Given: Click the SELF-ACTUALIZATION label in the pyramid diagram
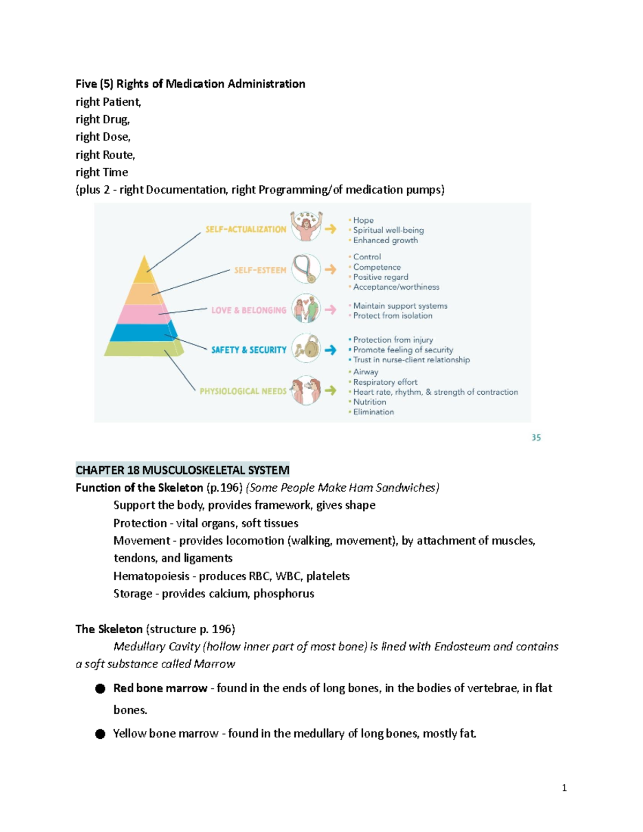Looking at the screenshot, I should pyautogui.click(x=246, y=229).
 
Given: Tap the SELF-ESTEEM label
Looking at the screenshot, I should pyautogui.click(x=260, y=270).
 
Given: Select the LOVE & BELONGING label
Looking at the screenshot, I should pyautogui.click(x=249, y=310).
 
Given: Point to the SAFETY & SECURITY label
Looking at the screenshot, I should pyautogui.click(x=249, y=350).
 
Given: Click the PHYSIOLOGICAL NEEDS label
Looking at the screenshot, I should pyautogui.click(x=243, y=391).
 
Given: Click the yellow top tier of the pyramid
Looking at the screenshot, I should pyautogui.click(x=144, y=272).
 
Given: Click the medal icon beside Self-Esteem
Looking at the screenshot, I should pyautogui.click(x=306, y=269).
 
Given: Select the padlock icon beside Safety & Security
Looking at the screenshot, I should pyautogui.click(x=306, y=349).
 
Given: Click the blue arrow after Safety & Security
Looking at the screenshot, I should pyautogui.click(x=331, y=350).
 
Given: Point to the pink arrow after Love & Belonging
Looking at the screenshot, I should pyautogui.click(x=331, y=310).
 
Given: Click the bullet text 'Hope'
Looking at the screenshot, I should pyautogui.click(x=363, y=220).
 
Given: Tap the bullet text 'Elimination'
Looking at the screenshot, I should pyautogui.click(x=373, y=412).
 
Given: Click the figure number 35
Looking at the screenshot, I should pyautogui.click(x=536, y=438).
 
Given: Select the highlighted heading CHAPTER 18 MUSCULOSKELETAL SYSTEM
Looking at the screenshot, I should pyautogui.click(x=182, y=470).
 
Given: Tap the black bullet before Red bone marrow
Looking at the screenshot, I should pyautogui.click(x=100, y=688).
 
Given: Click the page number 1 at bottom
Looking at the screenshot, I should pyautogui.click(x=564, y=788).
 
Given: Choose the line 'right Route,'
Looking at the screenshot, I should pyautogui.click(x=105, y=155).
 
